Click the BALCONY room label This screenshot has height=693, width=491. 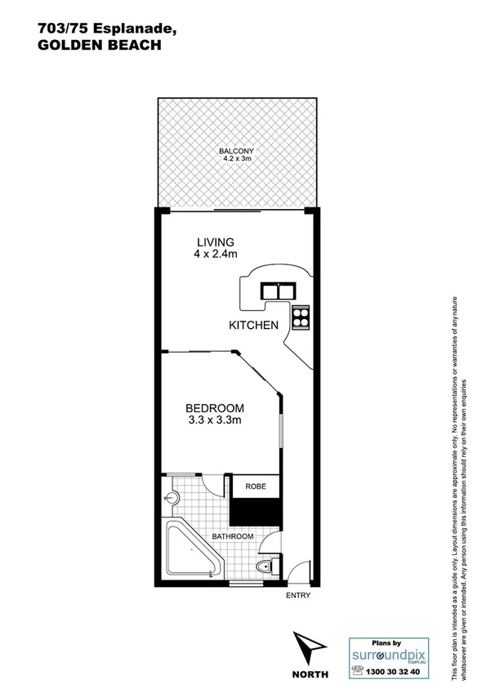click(x=235, y=151)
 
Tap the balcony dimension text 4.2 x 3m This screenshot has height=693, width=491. click(x=235, y=159)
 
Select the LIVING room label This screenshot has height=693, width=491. click(x=216, y=242)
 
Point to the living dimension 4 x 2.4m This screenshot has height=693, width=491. click(x=216, y=255)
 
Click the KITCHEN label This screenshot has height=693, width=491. click(x=253, y=325)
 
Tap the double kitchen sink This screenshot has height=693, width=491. click(x=276, y=291)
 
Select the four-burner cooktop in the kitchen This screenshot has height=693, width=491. click(x=300, y=317)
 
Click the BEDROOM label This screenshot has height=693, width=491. click(x=214, y=408)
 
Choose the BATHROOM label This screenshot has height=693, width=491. click(x=233, y=536)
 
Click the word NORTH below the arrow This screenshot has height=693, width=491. click(x=310, y=675)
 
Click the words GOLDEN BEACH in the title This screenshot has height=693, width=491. click(x=99, y=47)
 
